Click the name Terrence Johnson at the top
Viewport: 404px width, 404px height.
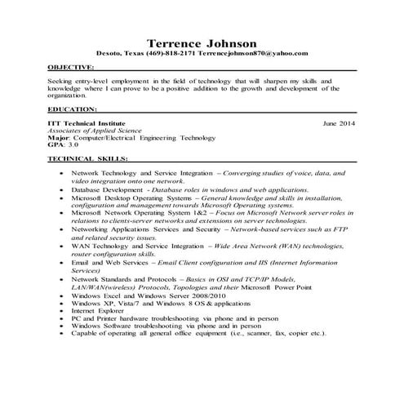pyautogui.click(x=202, y=42)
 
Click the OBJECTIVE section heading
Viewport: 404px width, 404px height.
pyautogui.click(x=70, y=67)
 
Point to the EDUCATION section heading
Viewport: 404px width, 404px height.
pyautogui.click(x=73, y=108)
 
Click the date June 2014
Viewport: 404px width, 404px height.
pyautogui.click(x=340, y=122)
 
